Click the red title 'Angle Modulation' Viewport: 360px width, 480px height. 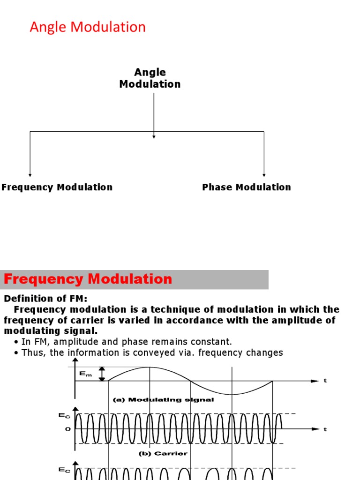(x=88, y=27)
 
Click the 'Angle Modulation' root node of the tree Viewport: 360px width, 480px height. (x=150, y=78)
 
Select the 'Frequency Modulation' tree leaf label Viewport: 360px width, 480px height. (x=57, y=187)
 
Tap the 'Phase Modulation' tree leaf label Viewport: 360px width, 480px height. (x=247, y=187)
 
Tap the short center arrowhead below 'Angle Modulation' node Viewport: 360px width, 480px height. (x=154, y=136)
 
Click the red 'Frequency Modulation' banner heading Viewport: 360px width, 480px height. (x=88, y=279)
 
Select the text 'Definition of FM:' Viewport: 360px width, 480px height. (x=45, y=299)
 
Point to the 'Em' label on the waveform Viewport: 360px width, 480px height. (x=86, y=373)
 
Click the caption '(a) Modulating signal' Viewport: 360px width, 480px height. (x=164, y=400)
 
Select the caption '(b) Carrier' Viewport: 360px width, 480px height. (x=163, y=453)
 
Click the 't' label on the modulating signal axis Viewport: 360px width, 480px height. (x=325, y=381)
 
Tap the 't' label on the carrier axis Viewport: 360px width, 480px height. (x=325, y=429)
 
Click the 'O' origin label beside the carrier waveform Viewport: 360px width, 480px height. (x=67, y=429)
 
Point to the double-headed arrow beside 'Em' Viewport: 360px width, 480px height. (x=102, y=374)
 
